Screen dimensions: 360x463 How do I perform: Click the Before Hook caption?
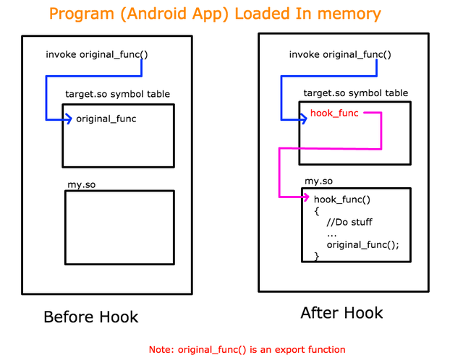click(90, 317)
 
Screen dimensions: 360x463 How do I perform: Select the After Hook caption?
click(341, 313)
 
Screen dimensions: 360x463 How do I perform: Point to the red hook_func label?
click(334, 113)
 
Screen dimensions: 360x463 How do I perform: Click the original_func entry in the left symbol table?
click(106, 119)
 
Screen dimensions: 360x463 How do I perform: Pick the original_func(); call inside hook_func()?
click(362, 244)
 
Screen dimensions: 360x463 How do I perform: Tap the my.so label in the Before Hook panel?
click(80, 185)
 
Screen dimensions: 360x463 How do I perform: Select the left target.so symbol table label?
click(117, 94)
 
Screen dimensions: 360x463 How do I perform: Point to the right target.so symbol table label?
click(355, 93)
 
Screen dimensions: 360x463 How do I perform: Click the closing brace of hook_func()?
click(316, 255)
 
